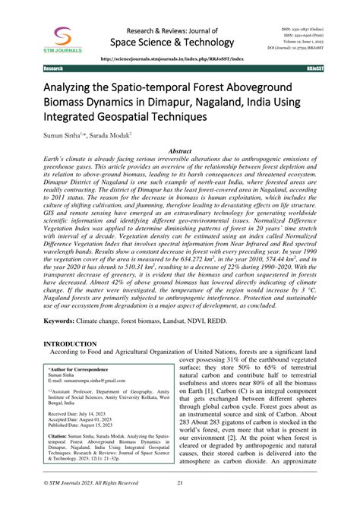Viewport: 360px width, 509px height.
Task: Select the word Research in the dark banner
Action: pos(54,68)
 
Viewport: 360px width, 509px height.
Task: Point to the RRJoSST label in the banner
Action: pos(306,68)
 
